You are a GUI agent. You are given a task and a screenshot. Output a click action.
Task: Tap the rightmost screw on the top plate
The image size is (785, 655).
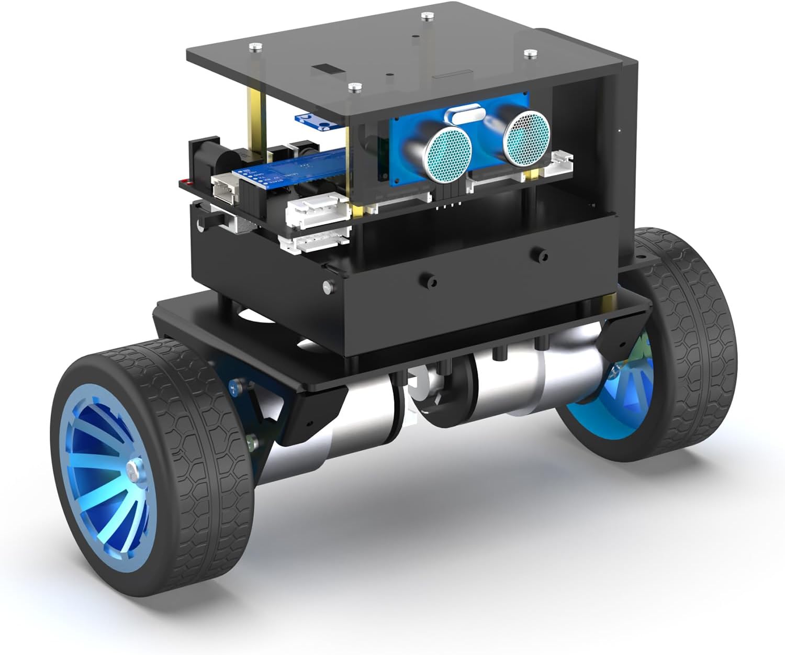click(531, 53)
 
